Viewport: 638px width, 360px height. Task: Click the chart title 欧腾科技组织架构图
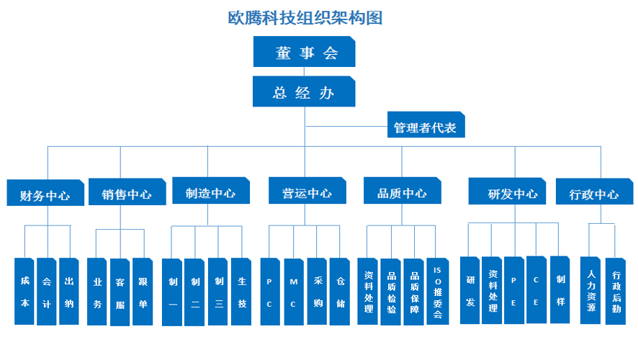[x=305, y=18]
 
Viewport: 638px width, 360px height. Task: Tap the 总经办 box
[x=304, y=92]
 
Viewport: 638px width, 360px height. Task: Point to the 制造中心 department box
[x=210, y=192]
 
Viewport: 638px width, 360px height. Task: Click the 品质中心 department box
[x=402, y=192]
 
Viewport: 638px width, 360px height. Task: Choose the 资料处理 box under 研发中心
[x=493, y=290]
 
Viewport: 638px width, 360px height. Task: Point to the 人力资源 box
[x=592, y=291]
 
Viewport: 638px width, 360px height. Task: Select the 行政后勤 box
[x=616, y=291]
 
